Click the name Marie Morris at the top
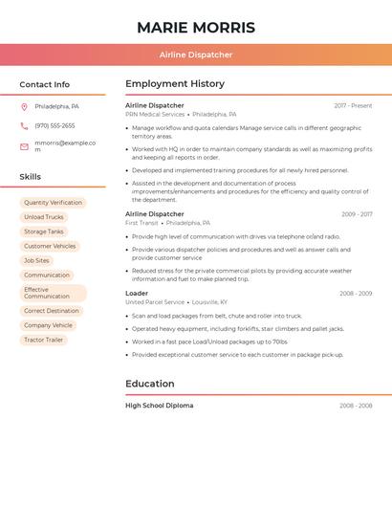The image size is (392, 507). point(196,28)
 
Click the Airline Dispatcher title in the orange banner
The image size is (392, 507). point(196,55)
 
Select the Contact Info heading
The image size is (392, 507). point(45,84)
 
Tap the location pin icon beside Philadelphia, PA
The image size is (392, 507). point(24,106)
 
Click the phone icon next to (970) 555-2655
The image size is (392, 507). point(24,125)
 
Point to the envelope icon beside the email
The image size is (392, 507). point(24,146)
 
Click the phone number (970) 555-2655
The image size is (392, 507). point(54,125)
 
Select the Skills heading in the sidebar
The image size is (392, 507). point(31,177)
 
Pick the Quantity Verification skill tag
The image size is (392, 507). point(53,203)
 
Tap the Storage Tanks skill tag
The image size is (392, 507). point(44,231)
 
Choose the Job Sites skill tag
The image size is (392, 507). point(36,260)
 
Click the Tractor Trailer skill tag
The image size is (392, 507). point(43,340)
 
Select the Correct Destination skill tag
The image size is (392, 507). point(52,311)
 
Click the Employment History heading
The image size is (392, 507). point(175,84)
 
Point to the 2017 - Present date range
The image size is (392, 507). point(353,106)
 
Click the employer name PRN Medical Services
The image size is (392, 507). point(155,114)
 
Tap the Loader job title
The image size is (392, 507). point(137,294)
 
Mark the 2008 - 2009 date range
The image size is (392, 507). point(356,294)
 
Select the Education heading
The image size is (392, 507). point(150,384)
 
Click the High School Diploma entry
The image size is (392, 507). point(159,406)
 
